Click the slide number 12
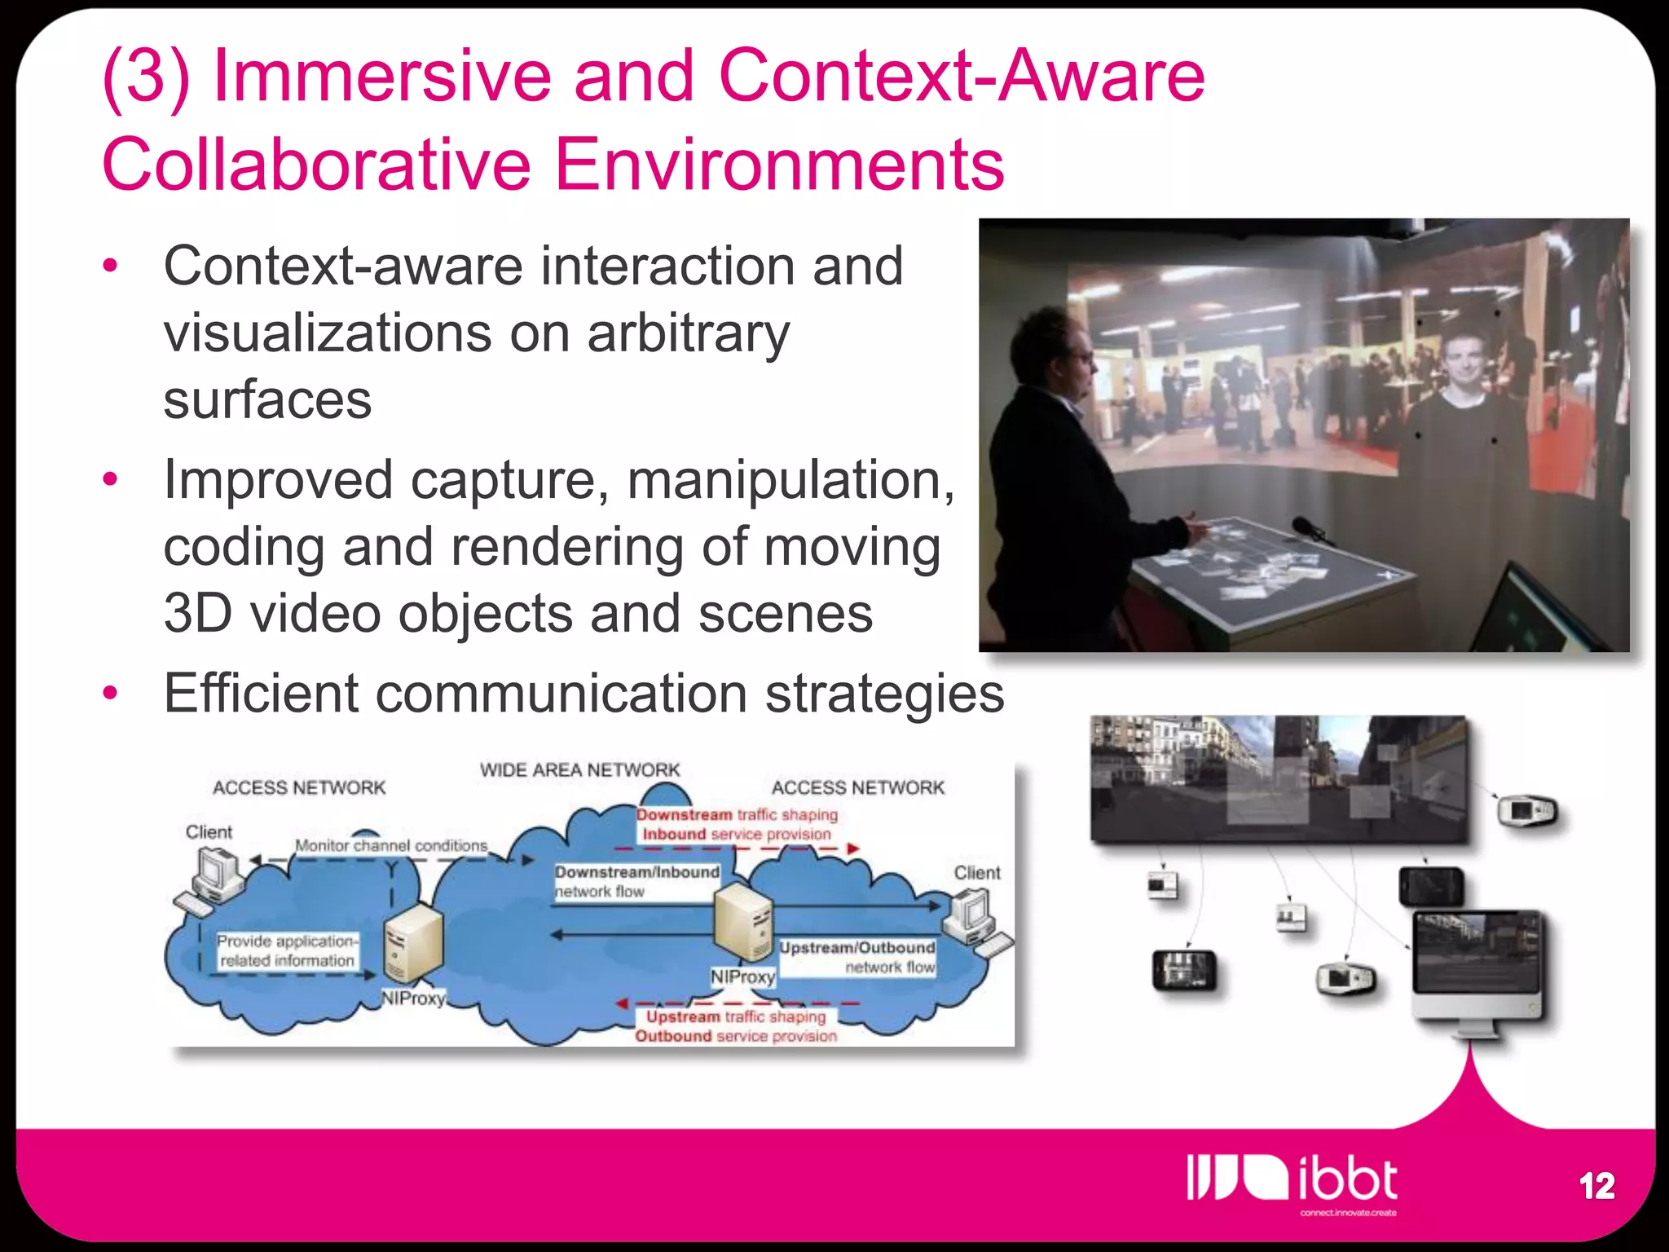tap(1596, 1186)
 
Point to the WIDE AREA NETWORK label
tap(579, 770)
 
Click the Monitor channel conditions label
tap(391, 846)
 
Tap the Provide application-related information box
tap(287, 951)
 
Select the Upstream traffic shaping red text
tap(736, 1017)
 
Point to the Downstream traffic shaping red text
tap(737, 814)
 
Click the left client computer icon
tap(214, 876)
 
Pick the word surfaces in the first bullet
tap(267, 399)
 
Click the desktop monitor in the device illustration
tap(1478, 966)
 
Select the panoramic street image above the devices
tap(1278, 778)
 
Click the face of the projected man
tap(1464, 359)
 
